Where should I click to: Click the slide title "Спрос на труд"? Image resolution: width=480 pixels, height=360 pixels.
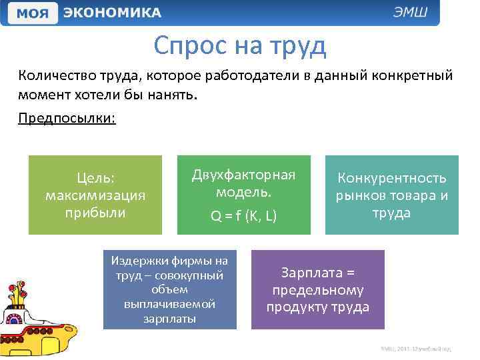[239, 45]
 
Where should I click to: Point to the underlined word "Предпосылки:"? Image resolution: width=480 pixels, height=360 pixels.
[67, 118]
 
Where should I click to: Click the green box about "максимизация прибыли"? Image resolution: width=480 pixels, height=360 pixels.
[95, 195]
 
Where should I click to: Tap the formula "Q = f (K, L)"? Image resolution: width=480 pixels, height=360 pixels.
[243, 216]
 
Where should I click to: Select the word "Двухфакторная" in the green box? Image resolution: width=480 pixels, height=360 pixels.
[243, 175]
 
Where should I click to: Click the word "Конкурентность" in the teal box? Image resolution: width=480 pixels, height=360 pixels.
[392, 178]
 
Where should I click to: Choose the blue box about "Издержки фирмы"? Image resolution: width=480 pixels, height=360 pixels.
[169, 289]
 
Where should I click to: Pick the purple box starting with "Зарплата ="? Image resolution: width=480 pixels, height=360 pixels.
[318, 289]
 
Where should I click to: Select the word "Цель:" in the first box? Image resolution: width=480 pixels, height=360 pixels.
[95, 178]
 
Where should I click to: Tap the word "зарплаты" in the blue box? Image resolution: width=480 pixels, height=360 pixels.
[169, 319]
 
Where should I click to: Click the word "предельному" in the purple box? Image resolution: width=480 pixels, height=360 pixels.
[318, 290]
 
